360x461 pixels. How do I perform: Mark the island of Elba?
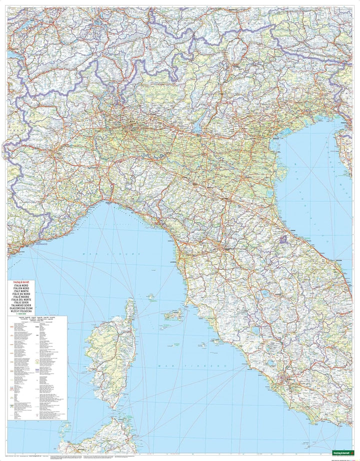(175, 314)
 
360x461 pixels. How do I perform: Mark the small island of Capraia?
(151, 296)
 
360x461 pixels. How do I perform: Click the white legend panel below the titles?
(37, 370)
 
